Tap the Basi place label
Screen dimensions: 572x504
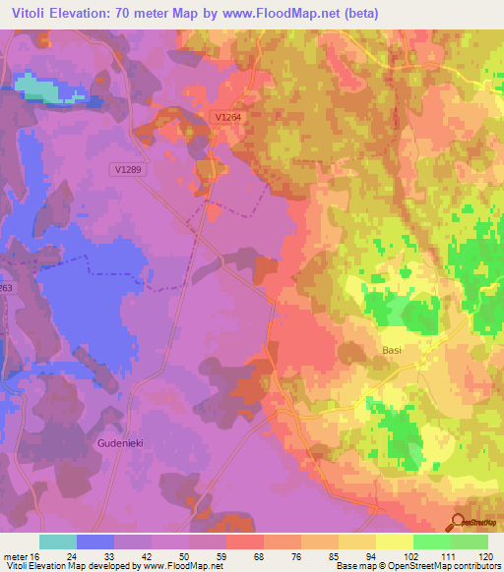(x=393, y=349)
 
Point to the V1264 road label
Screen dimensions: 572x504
(x=228, y=118)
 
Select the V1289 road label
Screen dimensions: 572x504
(x=127, y=170)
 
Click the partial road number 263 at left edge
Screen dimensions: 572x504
(x=6, y=288)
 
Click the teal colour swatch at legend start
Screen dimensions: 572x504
(x=58, y=542)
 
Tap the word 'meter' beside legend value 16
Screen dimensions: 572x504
(x=15, y=555)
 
